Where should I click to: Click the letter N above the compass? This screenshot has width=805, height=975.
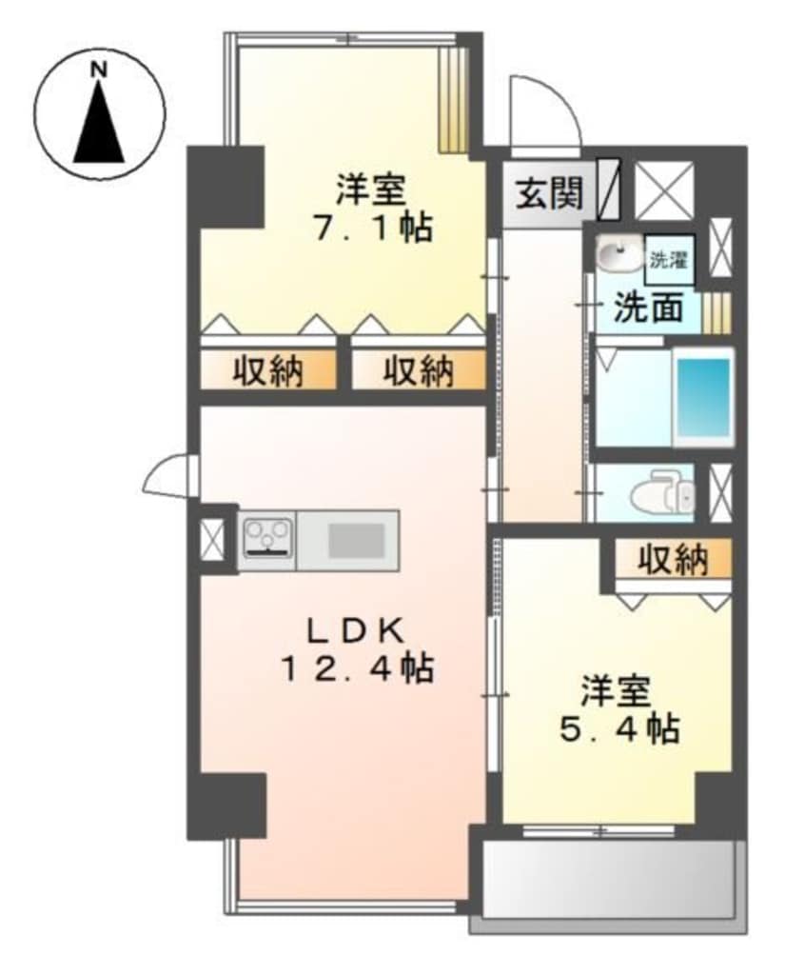97,69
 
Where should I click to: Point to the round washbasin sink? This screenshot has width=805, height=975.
618,255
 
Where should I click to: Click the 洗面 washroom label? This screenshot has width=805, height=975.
646,308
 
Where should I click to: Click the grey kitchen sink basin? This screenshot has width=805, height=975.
357,540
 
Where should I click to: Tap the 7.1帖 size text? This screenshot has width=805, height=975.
370,228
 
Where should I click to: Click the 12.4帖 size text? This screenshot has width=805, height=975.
356,669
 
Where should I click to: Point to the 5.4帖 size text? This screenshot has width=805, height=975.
618,728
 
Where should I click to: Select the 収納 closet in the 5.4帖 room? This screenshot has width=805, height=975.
672,560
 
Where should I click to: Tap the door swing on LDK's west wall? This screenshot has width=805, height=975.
169,473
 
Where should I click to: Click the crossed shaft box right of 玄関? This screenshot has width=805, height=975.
665,189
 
